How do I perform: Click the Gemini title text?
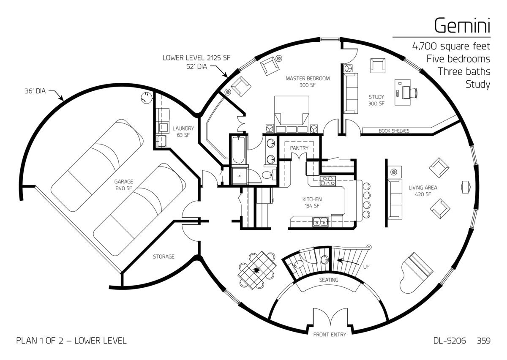pyautogui.click(x=462, y=26)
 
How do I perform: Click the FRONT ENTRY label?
pyautogui.click(x=330, y=335)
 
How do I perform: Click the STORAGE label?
pyautogui.click(x=164, y=256)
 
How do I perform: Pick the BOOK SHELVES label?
pyautogui.click(x=394, y=131)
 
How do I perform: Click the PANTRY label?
pyautogui.click(x=299, y=148)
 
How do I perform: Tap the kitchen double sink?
pyautogui.click(x=319, y=221)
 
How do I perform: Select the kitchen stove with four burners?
pyautogui.click(x=328, y=181)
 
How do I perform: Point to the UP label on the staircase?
pyautogui.click(x=367, y=267)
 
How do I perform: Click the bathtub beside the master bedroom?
pyautogui.click(x=238, y=150)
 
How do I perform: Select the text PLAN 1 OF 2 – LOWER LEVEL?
pyautogui.click(x=71, y=341)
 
